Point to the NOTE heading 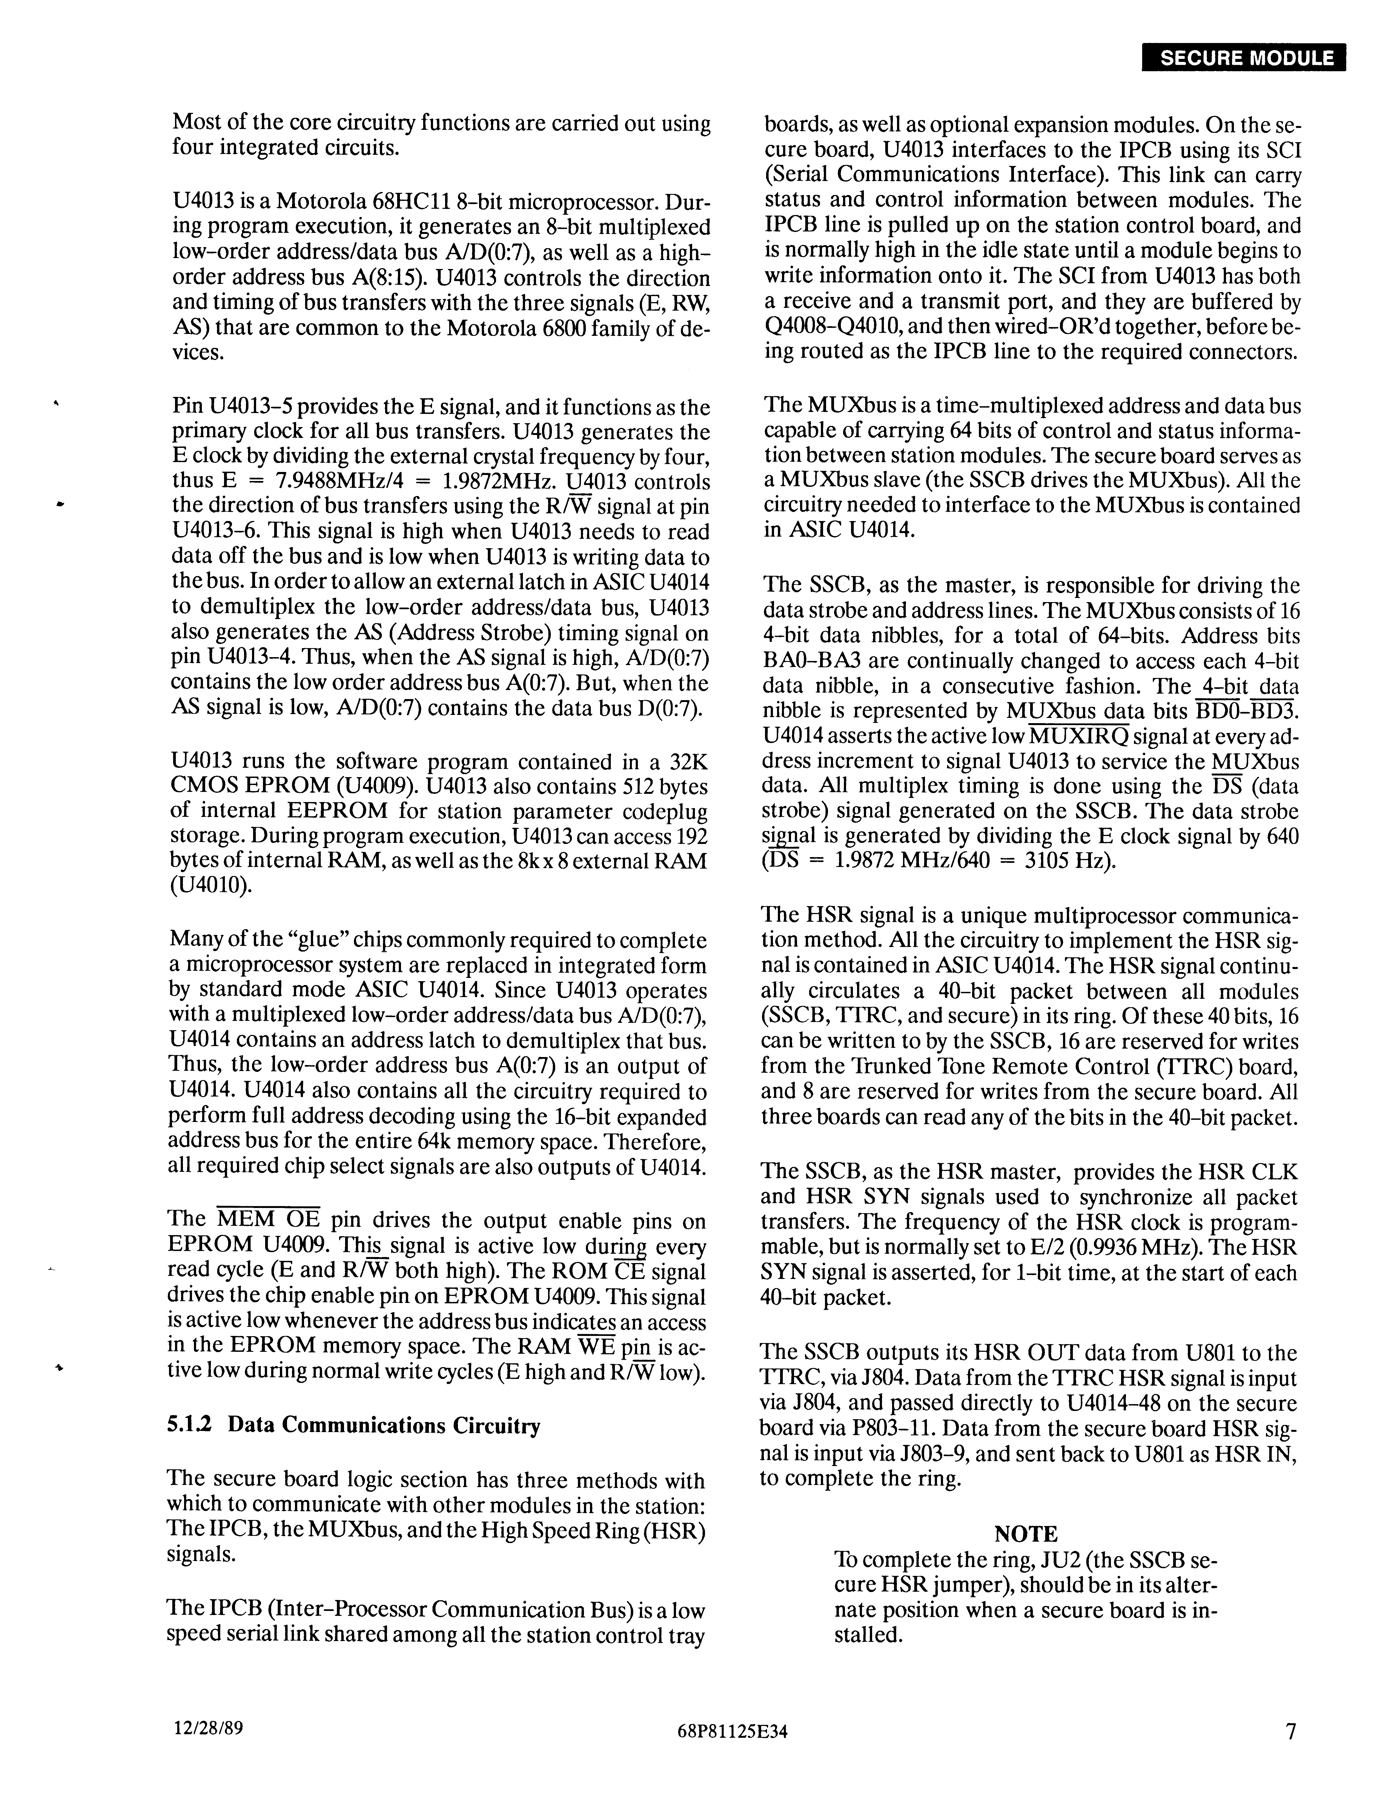click(1026, 1534)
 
